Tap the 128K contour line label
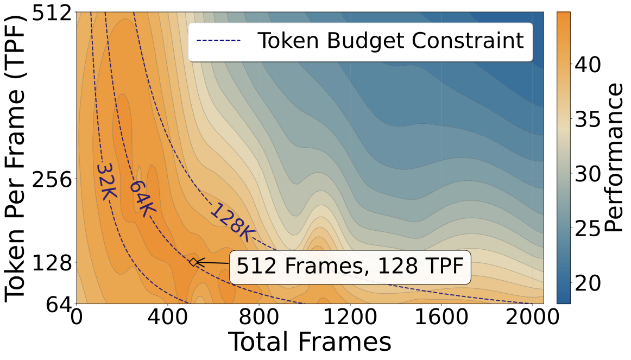pos(232,223)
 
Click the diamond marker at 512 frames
pos(193,262)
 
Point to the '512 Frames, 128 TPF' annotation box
pos(350,267)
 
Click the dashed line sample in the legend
pos(219,40)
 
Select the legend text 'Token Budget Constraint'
pos(390,41)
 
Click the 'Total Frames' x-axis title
pos(309,343)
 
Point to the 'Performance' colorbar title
pos(614,157)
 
